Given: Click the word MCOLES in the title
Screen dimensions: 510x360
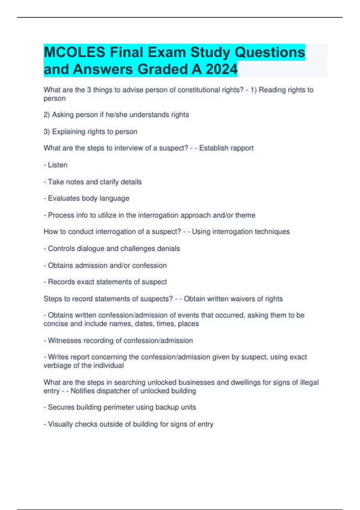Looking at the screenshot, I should pyautogui.click(x=74, y=52).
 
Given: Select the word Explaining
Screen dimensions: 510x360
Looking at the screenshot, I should pyautogui.click(x=69, y=131).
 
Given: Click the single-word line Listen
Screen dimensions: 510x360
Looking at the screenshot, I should pyautogui.click(x=58, y=165).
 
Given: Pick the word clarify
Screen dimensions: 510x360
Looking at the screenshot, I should pyautogui.click(x=109, y=182).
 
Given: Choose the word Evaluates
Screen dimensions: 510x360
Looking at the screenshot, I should pyautogui.click(x=63, y=198).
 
